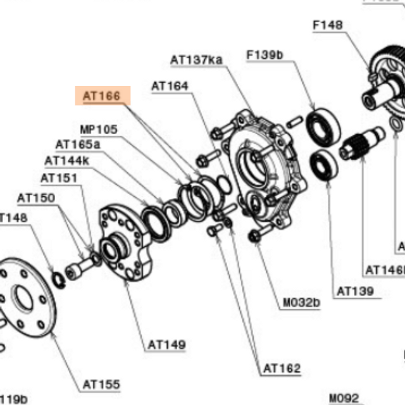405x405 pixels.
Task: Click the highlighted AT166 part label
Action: (x=102, y=96)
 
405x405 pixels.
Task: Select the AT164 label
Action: (x=170, y=85)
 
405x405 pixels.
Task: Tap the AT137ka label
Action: (x=197, y=59)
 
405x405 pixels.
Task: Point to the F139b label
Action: (x=265, y=55)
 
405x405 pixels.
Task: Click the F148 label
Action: (x=328, y=25)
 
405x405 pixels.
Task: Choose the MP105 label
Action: (x=99, y=129)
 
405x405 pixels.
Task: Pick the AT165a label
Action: (x=78, y=144)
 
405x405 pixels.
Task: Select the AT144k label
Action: (x=67, y=161)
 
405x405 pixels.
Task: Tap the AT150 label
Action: (x=37, y=198)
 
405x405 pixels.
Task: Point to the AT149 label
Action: (x=167, y=345)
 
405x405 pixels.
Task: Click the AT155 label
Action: (x=101, y=384)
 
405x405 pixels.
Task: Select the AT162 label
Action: (x=282, y=368)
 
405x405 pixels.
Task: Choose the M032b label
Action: (x=301, y=302)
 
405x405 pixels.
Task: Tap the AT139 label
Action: (x=355, y=291)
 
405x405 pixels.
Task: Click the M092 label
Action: (x=344, y=398)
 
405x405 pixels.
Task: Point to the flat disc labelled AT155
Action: (x=28, y=297)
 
